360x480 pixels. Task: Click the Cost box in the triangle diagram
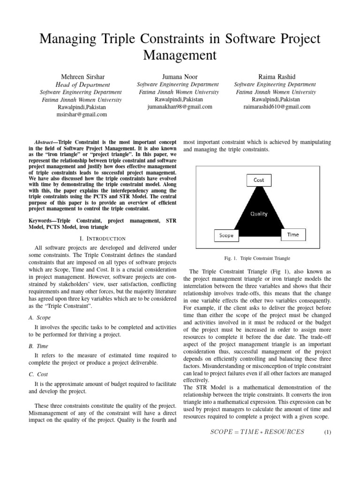tap(259, 180)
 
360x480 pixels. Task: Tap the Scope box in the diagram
tap(226, 235)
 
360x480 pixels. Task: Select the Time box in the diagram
tap(293, 234)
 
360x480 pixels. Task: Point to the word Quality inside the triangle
tap(258, 214)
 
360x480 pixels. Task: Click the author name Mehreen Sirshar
tap(82, 76)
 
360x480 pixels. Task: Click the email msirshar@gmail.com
tap(82, 114)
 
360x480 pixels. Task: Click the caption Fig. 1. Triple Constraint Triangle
tap(258, 258)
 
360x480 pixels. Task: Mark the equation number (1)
tap(328, 432)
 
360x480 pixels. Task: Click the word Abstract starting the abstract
tap(46, 142)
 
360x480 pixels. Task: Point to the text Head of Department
tap(82, 85)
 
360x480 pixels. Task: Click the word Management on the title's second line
tap(180, 55)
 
